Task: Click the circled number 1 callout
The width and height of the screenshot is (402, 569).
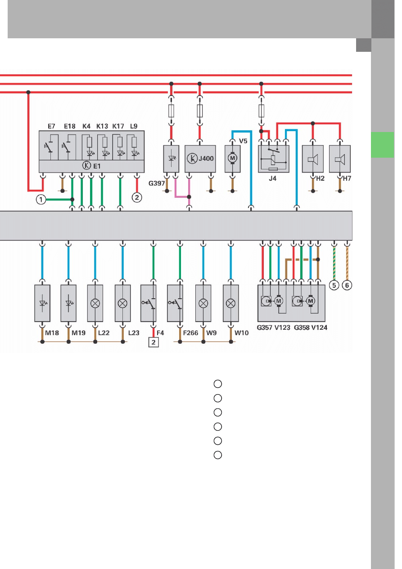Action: tap(41, 200)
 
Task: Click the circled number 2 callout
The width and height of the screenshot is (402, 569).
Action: tap(136, 197)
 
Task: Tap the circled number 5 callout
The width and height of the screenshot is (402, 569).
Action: tap(334, 285)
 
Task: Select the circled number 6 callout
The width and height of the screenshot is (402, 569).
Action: tap(347, 285)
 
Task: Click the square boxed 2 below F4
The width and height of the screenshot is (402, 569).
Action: tap(154, 342)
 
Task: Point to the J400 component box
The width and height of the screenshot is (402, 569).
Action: tap(200, 159)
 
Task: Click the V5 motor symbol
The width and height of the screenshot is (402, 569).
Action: tap(233, 159)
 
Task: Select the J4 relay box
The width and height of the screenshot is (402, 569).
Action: tap(273, 159)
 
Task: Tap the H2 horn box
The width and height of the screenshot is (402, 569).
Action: tap(314, 159)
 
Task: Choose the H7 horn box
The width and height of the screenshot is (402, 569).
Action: tap(340, 159)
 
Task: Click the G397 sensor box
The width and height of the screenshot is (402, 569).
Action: tap(171, 159)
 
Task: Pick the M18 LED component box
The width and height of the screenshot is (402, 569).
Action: tap(42, 303)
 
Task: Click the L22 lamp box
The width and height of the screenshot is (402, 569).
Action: tap(95, 303)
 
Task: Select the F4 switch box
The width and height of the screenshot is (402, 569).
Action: tap(154, 303)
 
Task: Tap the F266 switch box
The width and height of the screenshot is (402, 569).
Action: tap(180, 303)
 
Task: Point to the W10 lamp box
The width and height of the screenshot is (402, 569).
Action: tap(230, 303)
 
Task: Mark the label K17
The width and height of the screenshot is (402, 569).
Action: tap(118, 126)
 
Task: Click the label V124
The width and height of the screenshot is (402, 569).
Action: tap(319, 328)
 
